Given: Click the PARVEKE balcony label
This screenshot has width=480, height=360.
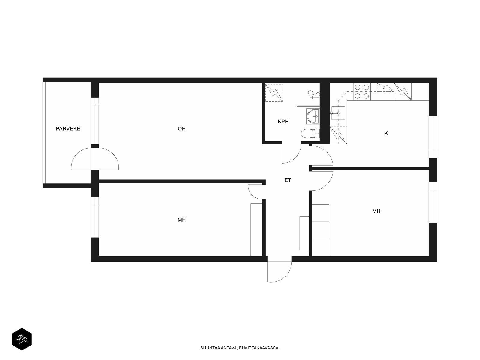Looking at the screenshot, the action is tap(68, 128).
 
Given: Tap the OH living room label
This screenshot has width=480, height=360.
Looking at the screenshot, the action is tap(182, 128).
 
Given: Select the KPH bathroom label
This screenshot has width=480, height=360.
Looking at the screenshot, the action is tap(283, 121).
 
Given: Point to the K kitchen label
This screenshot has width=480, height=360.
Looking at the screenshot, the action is tap(386, 133).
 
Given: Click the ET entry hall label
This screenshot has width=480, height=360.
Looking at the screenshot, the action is tap(288, 180).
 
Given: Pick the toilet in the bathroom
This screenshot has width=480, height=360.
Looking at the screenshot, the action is tap(310, 133).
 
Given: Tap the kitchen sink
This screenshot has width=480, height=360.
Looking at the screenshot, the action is tap(338, 113).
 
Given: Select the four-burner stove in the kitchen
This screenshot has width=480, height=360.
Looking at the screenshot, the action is tap(362, 91).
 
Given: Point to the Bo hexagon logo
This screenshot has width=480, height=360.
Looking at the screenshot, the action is tap(22, 339).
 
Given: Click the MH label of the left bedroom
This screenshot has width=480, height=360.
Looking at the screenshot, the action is tap(182, 220).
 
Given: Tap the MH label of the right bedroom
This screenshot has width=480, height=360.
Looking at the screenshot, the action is tap(376, 211).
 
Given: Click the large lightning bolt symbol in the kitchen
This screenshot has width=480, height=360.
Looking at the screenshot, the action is tap(403, 92).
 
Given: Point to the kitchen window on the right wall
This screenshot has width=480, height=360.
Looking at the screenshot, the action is tap(433, 137).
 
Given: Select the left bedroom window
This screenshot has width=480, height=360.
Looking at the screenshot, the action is tap(95, 217).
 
